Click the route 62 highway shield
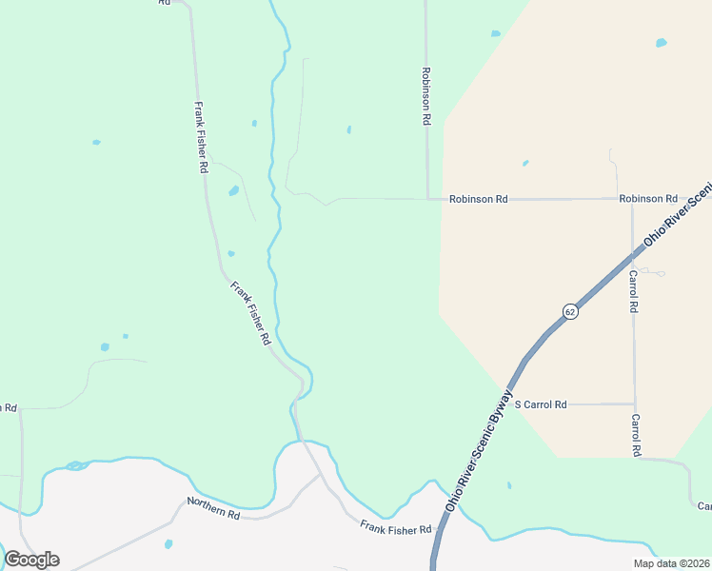pos(569,311)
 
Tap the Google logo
pos(31,560)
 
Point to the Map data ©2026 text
pos(670,563)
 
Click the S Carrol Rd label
pos(541,404)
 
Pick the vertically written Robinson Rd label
pos(427,97)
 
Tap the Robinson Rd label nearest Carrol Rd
pos(647,199)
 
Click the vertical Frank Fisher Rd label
pos(201,137)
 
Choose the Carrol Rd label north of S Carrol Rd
pos(633,292)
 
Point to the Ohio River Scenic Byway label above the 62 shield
pos(677,216)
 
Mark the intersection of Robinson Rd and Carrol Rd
pos(632,200)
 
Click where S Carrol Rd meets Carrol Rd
pos(634,404)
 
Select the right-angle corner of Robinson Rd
pos(427,199)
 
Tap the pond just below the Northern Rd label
pos(168,544)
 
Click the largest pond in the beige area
pos(661,43)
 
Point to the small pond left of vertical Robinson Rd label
pos(349,129)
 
